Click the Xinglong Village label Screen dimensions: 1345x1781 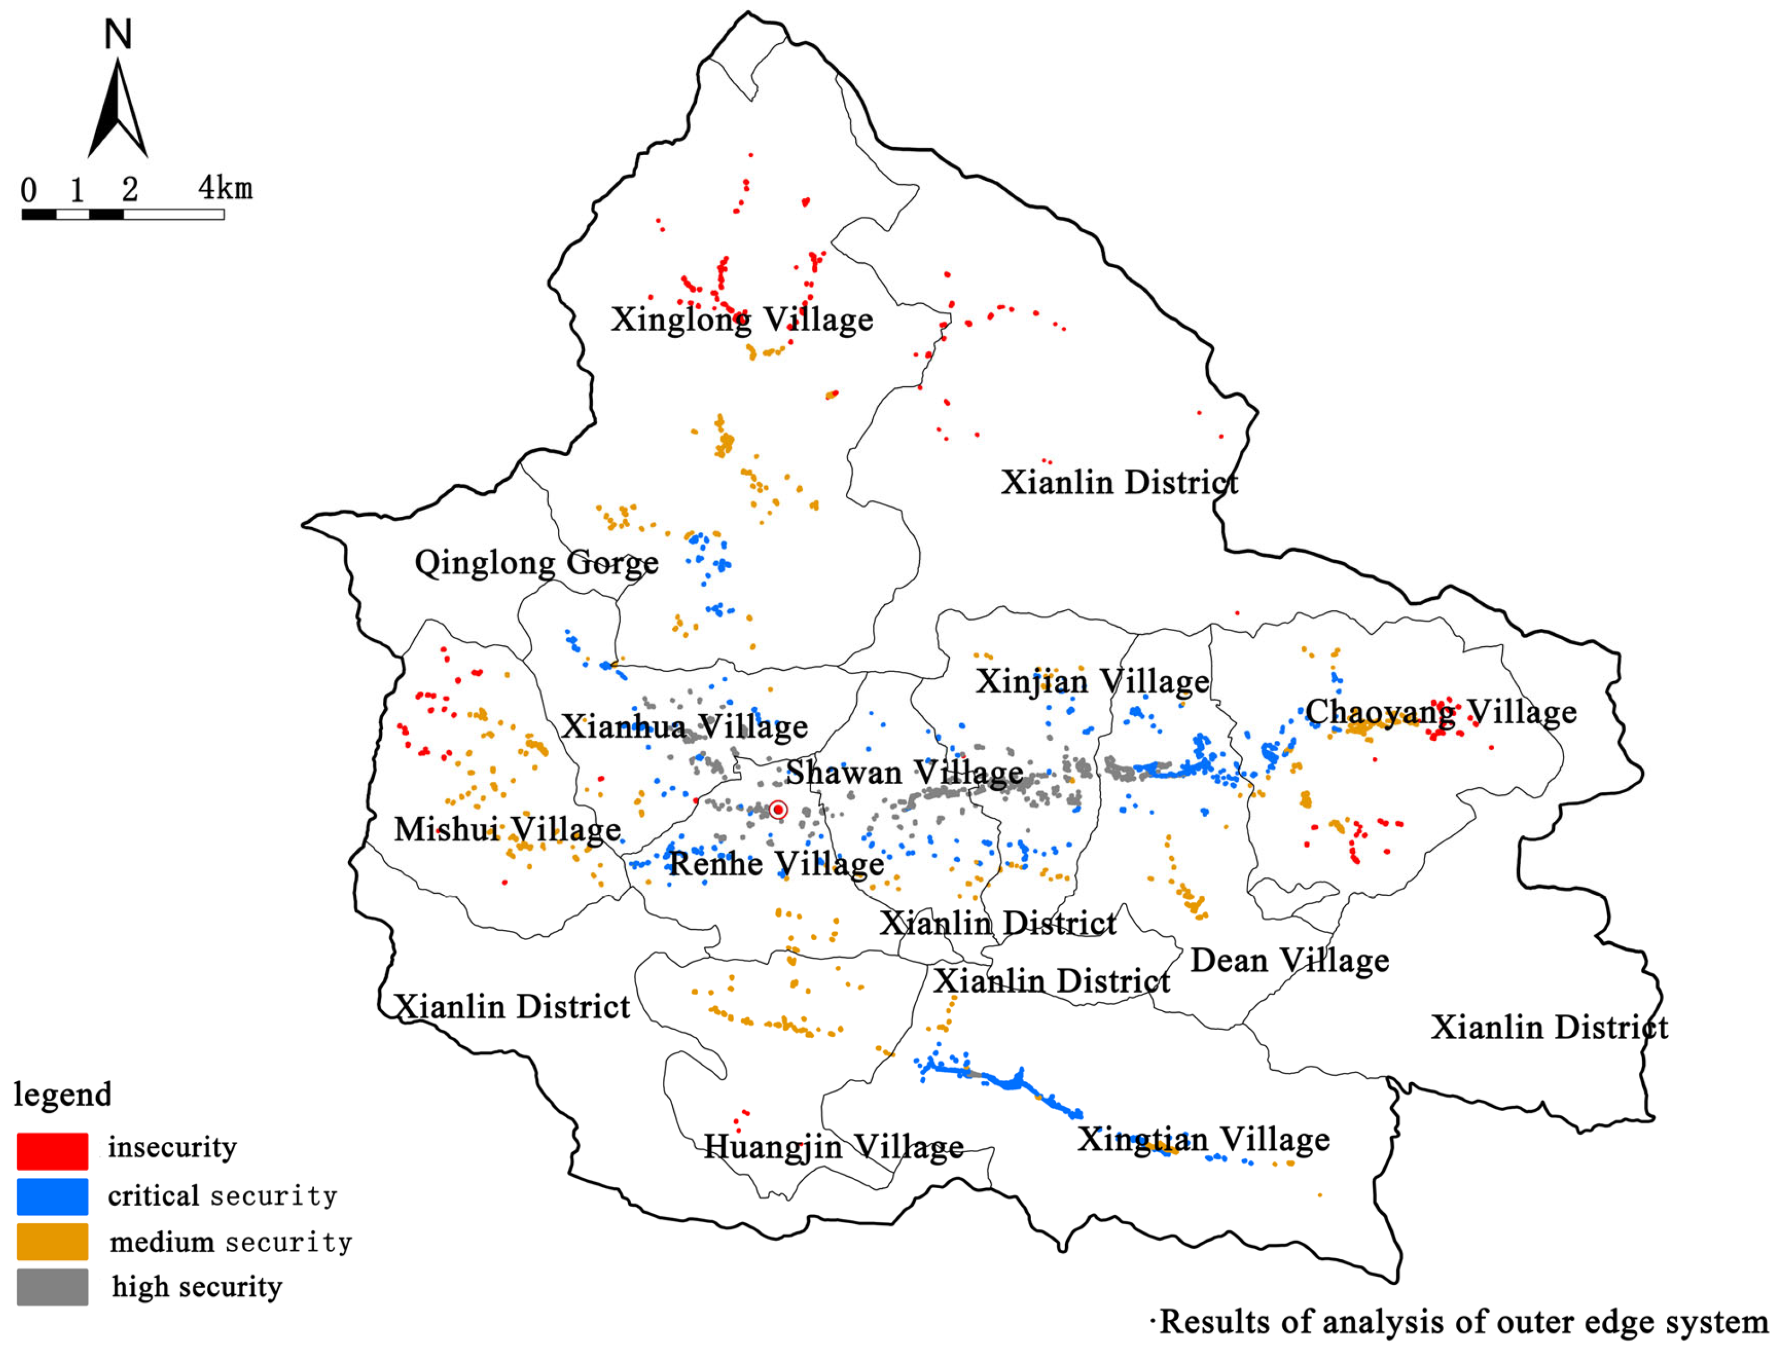click(x=742, y=320)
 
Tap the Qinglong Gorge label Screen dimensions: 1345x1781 click(x=536, y=563)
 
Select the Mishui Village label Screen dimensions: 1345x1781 click(x=507, y=829)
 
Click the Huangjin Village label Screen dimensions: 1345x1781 click(x=833, y=1146)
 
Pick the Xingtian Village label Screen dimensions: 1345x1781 click(x=1204, y=1139)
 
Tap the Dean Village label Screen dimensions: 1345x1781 click(x=1290, y=960)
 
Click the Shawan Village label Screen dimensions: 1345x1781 click(x=904, y=772)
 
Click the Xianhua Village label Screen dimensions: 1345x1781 click(x=684, y=727)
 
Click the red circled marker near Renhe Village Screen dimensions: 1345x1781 click(x=778, y=810)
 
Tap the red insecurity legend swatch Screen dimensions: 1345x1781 click(x=52, y=1151)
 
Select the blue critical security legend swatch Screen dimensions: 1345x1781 click(x=52, y=1197)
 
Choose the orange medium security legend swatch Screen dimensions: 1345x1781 click(x=52, y=1242)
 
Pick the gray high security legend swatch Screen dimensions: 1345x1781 click(x=52, y=1287)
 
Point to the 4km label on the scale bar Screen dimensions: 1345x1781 click(x=226, y=188)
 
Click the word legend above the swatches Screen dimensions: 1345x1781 click(x=63, y=1095)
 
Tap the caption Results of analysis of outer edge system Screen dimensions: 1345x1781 click(x=1463, y=1322)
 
